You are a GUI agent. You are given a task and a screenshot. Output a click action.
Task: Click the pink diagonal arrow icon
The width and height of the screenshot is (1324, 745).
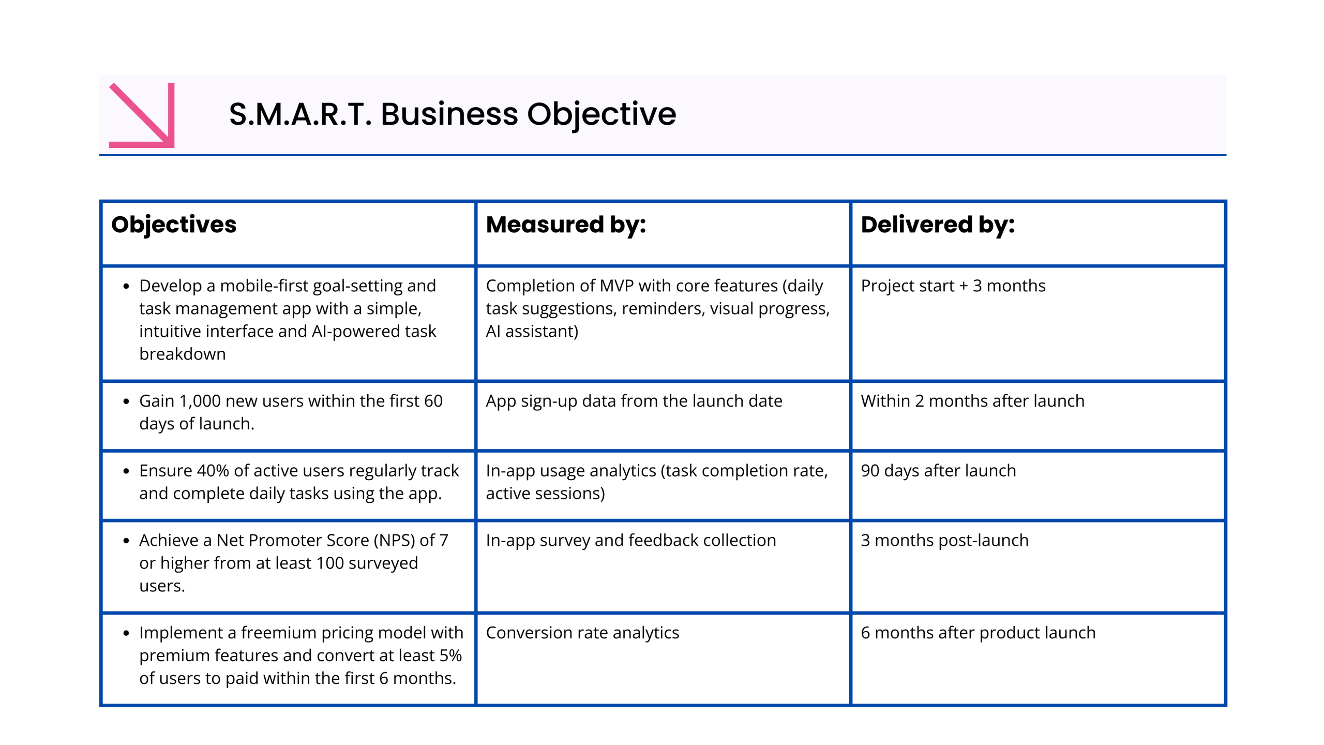tap(142, 115)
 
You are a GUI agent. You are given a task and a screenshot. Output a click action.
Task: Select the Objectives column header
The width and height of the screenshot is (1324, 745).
tap(174, 225)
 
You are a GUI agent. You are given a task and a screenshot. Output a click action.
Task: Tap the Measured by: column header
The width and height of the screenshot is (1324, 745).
tap(566, 225)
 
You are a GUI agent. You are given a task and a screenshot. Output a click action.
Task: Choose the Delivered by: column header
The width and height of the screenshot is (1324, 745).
tap(937, 225)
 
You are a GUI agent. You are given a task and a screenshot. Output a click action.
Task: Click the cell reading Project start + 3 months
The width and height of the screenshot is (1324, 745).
tap(953, 286)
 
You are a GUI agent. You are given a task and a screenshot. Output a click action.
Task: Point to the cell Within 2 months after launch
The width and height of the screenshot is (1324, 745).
tap(972, 401)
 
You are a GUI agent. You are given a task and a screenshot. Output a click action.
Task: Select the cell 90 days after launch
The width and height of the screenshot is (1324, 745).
tap(938, 471)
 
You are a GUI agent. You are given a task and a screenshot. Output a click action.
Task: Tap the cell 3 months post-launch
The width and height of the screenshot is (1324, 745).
tap(944, 540)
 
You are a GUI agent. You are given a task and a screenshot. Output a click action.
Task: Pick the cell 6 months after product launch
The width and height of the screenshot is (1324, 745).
tap(977, 633)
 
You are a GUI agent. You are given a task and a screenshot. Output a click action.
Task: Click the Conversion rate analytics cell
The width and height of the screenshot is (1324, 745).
tap(582, 633)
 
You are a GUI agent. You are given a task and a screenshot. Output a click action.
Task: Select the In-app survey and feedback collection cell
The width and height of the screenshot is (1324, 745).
tap(631, 540)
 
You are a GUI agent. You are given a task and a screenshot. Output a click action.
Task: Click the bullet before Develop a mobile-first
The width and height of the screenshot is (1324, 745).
tap(126, 286)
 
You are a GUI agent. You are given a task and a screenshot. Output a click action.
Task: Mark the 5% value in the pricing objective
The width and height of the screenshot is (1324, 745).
tap(450, 655)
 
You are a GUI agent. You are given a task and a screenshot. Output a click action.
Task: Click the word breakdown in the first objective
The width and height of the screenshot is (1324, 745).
tap(183, 354)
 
